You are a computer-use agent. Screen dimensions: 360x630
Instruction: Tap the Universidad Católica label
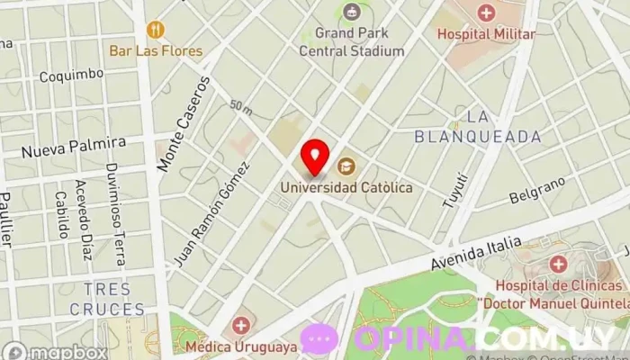(346, 188)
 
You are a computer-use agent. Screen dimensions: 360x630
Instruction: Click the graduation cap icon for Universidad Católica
(345, 166)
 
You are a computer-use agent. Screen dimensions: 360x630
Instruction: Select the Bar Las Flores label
(157, 50)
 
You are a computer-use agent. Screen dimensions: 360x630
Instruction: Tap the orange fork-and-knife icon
(156, 30)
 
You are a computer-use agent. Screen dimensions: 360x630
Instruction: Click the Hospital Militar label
(485, 34)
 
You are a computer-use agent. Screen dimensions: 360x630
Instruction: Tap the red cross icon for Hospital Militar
(486, 13)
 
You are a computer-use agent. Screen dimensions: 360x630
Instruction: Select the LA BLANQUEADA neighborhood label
(478, 126)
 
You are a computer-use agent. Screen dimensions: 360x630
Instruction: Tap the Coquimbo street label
(70, 76)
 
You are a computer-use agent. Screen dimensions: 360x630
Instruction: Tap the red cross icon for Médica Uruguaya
(240, 326)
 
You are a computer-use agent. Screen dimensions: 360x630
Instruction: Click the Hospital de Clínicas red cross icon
(558, 265)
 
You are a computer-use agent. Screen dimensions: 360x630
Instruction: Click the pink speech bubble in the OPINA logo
(319, 338)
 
